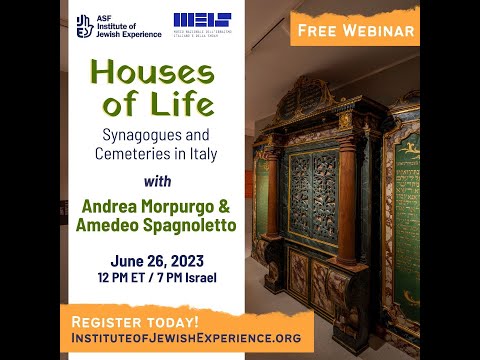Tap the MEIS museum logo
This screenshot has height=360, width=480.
pos(201,25)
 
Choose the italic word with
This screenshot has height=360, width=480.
pos(168,182)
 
